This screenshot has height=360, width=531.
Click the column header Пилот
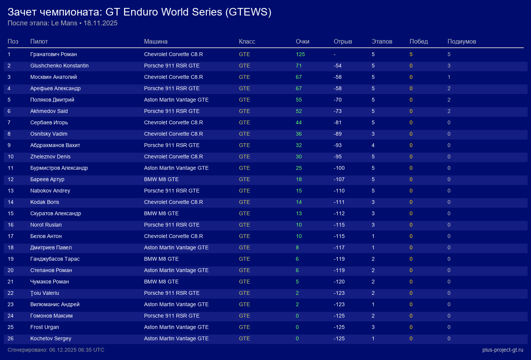(39, 41)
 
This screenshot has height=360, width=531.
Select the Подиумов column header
(462, 41)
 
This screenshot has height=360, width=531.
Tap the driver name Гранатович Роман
(53, 54)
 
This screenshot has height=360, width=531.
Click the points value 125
(300, 54)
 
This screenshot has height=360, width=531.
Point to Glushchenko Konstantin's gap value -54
(338, 66)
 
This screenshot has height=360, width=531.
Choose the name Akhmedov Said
(49, 111)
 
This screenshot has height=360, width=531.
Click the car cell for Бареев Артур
(161, 179)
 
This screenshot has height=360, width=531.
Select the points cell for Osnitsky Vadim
(299, 134)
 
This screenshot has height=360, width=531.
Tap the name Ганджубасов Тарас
(55, 259)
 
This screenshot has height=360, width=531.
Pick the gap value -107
(339, 179)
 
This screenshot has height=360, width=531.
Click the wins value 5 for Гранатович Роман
(411, 54)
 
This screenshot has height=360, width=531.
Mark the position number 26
(11, 338)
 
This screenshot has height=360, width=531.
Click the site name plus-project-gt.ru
(503, 350)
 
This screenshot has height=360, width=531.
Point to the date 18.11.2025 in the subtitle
(101, 23)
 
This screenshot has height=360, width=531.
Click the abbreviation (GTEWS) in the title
(248, 12)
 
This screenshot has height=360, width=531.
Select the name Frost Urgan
(45, 327)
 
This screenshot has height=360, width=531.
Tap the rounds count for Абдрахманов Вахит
(373, 145)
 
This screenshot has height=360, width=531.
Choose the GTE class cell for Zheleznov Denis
(245, 157)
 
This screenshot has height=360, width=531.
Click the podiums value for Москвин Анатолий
(449, 77)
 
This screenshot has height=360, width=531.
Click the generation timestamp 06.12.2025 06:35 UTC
(77, 350)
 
